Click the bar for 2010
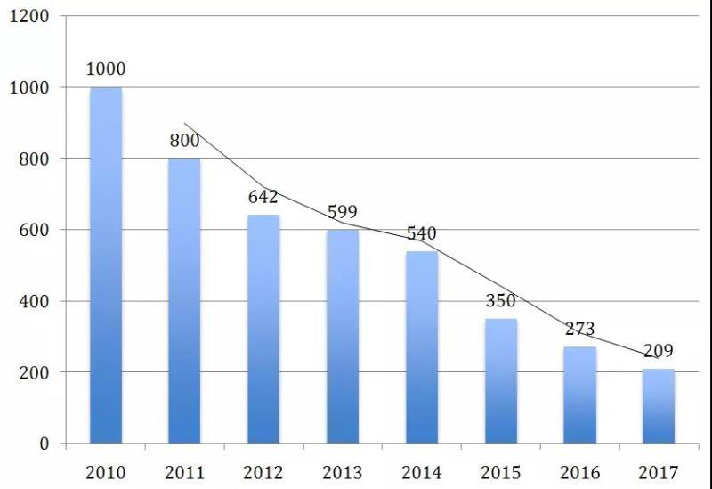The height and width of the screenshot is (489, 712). click(106, 265)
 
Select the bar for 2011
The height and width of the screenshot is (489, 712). click(184, 301)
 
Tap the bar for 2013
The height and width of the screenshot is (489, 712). click(342, 337)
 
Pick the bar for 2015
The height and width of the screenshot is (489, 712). click(501, 381)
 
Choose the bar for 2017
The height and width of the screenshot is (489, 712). click(659, 406)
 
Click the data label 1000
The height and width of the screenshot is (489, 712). click(106, 69)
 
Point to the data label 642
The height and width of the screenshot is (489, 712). click(263, 197)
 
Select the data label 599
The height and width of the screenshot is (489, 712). click(342, 212)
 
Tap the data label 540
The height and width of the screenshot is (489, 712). click(421, 233)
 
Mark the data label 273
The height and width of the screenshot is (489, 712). click(579, 329)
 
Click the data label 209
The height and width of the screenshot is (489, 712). click(659, 351)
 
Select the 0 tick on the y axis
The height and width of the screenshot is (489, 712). click(45, 444)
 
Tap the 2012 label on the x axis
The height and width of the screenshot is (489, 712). click(263, 472)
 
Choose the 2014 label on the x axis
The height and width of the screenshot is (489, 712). click(421, 472)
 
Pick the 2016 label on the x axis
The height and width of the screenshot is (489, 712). click(579, 472)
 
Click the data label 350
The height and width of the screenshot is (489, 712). click(501, 301)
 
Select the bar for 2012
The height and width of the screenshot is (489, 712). click(263, 330)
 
